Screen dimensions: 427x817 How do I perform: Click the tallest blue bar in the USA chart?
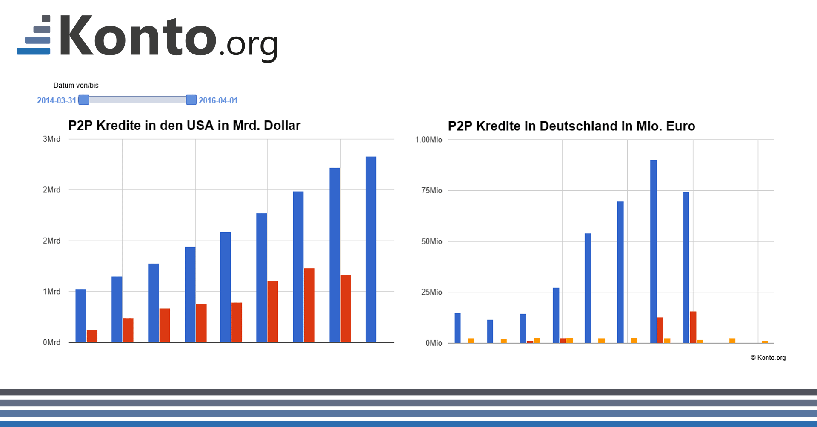tap(371, 249)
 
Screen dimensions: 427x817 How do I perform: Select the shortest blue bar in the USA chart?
tap(81, 316)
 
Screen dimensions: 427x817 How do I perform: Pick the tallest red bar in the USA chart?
tap(309, 305)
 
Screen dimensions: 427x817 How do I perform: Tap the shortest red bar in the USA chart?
tap(92, 336)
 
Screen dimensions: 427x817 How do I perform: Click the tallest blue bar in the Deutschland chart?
tap(653, 251)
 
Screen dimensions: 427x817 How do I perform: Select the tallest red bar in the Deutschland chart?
tap(693, 327)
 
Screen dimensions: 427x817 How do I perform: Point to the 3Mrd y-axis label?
tap(51, 139)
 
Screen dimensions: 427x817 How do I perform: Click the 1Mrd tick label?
tap(51, 292)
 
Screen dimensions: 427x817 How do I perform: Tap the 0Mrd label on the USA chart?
tap(51, 342)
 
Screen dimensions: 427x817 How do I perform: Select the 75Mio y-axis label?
tap(431, 190)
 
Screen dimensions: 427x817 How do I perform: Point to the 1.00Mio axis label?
tap(428, 140)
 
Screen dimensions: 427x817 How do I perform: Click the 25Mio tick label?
tap(431, 292)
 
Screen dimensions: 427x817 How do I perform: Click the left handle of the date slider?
tap(84, 100)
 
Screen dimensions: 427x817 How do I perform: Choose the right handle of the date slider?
tap(191, 100)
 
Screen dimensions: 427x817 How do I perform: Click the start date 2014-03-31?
tap(57, 100)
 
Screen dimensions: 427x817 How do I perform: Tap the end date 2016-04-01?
tap(218, 100)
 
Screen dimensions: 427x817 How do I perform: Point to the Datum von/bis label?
tap(76, 86)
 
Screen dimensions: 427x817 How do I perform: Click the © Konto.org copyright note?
tap(768, 358)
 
